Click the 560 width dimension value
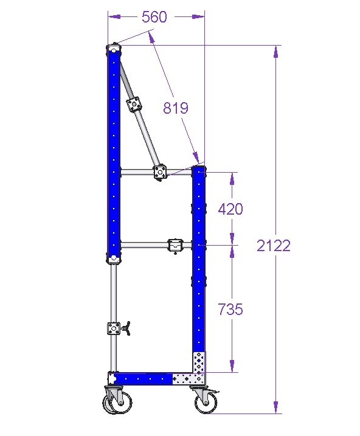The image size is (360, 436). pyautogui.click(x=154, y=16)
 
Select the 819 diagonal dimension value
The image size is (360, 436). pyautogui.click(x=175, y=108)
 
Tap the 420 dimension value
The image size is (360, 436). pyautogui.click(x=230, y=209)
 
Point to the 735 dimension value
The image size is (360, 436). pyautogui.click(x=230, y=309)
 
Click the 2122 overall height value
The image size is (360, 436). pyautogui.click(x=274, y=246)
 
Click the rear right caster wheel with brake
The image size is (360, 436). pyautogui.click(x=205, y=400)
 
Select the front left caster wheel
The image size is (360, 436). pyautogui.click(x=117, y=400)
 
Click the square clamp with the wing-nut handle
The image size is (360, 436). pyautogui.click(x=114, y=328)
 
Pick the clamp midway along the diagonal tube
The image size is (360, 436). pyautogui.click(x=134, y=105)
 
